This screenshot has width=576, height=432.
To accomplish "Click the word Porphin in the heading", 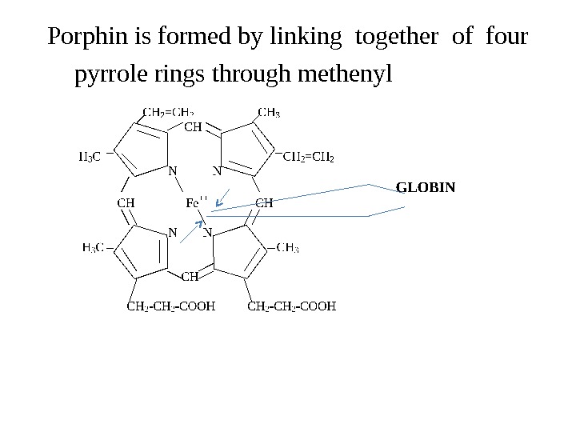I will point(80,38).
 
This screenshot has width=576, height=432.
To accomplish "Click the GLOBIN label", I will point(426,188).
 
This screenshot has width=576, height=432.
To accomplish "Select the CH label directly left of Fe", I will point(126,202).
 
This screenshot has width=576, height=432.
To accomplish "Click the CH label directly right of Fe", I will point(264,202).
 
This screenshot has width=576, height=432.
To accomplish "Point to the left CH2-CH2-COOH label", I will point(172,305).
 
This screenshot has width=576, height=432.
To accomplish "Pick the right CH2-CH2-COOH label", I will point(293,305).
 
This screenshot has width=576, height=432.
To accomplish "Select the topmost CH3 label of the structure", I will point(268,112).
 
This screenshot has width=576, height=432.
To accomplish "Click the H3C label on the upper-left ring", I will point(89,156).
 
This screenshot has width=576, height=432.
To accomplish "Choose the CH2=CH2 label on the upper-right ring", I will point(309,156).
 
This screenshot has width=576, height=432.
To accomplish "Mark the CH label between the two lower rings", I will point(190,277).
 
